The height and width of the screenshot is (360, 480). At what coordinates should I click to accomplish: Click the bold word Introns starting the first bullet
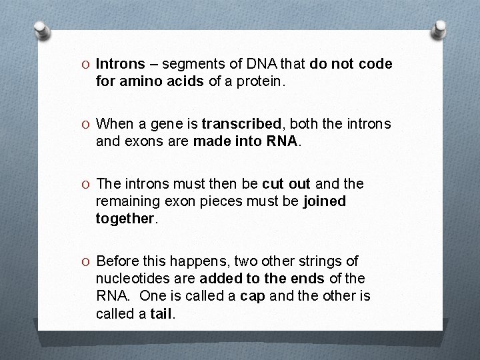click(x=121, y=64)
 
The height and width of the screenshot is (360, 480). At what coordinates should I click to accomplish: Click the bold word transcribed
click(x=242, y=124)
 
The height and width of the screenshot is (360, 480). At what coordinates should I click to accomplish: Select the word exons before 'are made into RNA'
click(x=141, y=141)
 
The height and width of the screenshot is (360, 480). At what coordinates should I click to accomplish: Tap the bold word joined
click(x=325, y=201)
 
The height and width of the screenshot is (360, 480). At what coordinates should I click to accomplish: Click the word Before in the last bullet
click(x=118, y=261)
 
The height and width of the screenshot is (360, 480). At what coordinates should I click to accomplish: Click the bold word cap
click(x=253, y=295)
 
